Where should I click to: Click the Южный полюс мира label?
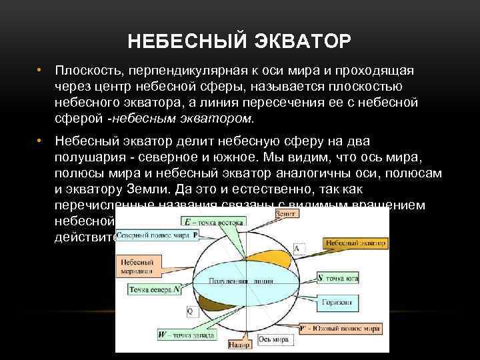coord(341,329)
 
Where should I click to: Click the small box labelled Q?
coord(189,311)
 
